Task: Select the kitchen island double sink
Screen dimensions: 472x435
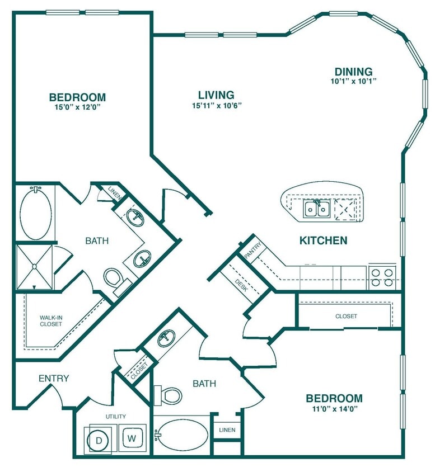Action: (316, 209)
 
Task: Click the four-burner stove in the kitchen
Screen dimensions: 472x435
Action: (382, 277)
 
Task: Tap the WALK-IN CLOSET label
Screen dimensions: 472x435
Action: (50, 320)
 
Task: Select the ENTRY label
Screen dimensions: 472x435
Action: (54, 379)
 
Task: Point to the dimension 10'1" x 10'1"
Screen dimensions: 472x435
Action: (353, 81)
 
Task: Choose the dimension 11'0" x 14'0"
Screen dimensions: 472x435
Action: (334, 408)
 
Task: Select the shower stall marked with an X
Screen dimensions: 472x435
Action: (34, 267)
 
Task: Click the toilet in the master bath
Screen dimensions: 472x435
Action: (114, 277)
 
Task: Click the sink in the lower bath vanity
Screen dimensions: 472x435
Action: (166, 338)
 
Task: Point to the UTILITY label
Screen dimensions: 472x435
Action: (115, 416)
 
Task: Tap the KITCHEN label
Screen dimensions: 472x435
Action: (324, 241)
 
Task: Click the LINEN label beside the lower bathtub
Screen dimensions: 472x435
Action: (227, 429)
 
